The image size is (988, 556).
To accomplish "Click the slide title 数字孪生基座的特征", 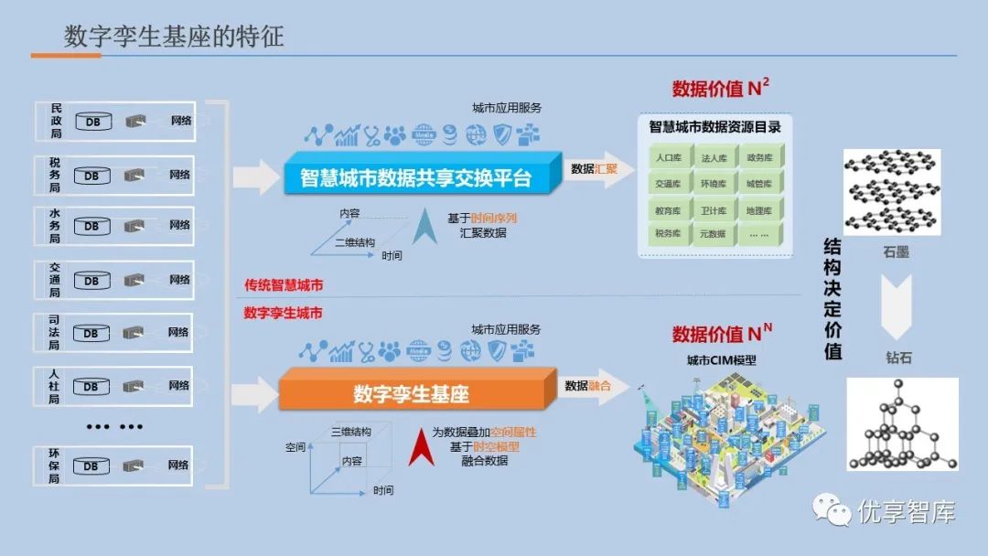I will [x=174, y=36].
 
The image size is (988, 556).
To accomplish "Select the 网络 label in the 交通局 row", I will [x=179, y=280].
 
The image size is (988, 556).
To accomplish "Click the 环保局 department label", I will [x=55, y=465].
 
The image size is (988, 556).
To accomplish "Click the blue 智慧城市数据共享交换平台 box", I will [x=416, y=176].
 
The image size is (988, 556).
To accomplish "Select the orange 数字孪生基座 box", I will [x=412, y=394].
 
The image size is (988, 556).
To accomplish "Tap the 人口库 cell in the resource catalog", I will [x=668, y=158].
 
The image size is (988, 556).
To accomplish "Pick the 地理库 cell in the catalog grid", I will [x=758, y=209].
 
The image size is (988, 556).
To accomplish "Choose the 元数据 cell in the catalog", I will [x=713, y=234].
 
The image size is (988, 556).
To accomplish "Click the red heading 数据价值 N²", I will [x=721, y=89].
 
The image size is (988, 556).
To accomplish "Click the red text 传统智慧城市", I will [x=284, y=285].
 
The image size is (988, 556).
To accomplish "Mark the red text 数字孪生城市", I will [x=284, y=313].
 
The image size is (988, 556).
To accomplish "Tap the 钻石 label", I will [x=898, y=358].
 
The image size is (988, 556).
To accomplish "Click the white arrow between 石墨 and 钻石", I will [x=898, y=302].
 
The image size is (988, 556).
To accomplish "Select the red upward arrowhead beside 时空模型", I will [x=421, y=447].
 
